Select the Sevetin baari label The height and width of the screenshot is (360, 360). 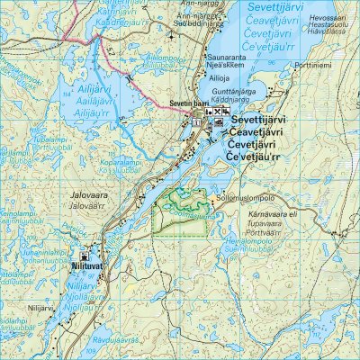(187, 104)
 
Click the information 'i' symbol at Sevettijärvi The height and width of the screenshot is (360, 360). (196, 124)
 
